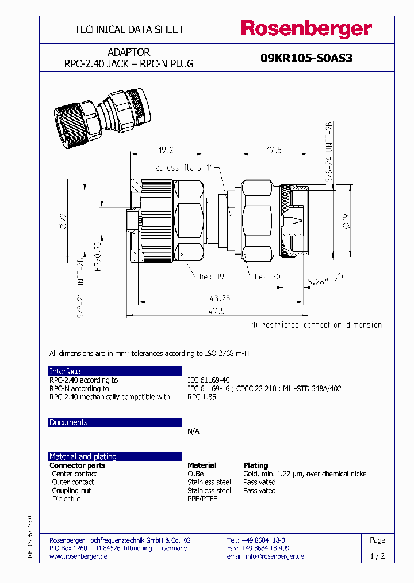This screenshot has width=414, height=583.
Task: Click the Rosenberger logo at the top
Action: point(306,29)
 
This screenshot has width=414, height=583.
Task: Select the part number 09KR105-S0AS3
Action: point(306,58)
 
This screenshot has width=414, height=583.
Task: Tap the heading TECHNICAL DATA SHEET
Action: point(129,29)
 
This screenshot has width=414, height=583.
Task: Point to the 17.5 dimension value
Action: point(274,150)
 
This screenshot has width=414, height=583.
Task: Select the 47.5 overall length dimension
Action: point(216,311)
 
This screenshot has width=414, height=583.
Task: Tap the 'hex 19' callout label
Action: point(211,277)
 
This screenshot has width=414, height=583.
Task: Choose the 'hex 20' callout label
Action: point(267,277)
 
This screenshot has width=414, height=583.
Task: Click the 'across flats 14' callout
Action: point(183,168)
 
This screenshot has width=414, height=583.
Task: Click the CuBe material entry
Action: point(195,474)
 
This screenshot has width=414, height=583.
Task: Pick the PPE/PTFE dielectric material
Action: point(202,499)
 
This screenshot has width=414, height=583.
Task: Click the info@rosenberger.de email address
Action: point(274,556)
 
